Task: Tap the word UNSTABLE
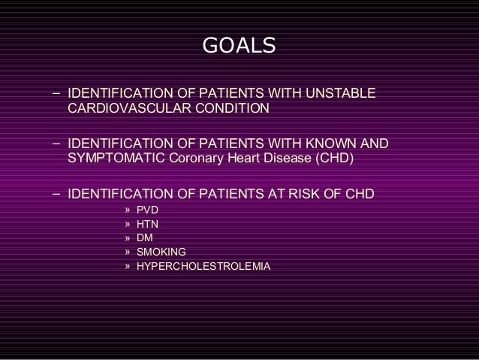[338, 95]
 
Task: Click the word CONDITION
[230, 110]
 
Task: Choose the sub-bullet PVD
[147, 210]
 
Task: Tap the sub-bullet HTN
[147, 224]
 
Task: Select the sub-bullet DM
[144, 238]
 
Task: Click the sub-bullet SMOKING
[161, 253]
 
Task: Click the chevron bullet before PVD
[128, 210]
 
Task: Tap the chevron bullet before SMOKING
[128, 253]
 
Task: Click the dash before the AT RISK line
[57, 192]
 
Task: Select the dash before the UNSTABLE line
[57, 95]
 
